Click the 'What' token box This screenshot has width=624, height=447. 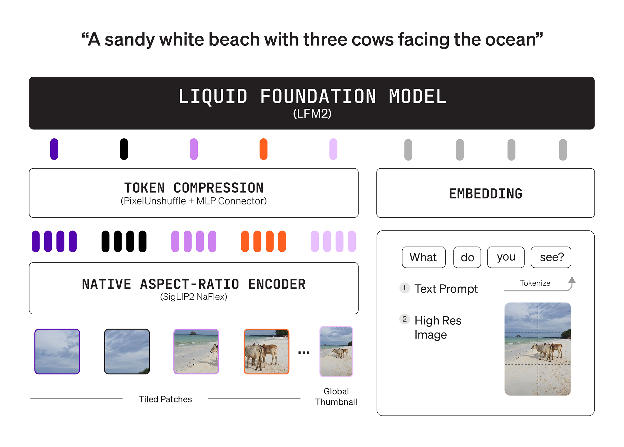pos(423,257)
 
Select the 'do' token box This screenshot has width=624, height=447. pos(467,257)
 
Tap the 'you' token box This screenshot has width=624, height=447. pos(506,257)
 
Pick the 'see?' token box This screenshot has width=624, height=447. pos(551,257)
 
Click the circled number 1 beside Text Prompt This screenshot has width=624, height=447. pos(404,288)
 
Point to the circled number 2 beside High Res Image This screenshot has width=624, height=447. pos(404,319)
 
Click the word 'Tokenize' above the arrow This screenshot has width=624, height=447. pos(535,283)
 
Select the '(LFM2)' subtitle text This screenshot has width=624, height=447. pos(312,114)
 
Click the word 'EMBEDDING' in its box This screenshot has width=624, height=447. pos(485,194)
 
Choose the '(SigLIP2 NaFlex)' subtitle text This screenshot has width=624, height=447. pos(193,297)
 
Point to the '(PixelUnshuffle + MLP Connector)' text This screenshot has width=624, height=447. pos(193,201)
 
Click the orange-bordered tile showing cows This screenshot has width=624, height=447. pos(266,352)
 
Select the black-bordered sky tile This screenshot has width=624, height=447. pos(127,352)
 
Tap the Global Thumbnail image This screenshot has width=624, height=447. pos(336,352)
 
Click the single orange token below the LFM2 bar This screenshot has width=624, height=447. pos(263,149)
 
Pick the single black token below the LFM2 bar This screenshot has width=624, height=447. pos(124,149)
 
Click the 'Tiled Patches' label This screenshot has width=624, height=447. pos(165,399)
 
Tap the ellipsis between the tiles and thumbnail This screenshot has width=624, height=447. pos(304,353)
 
